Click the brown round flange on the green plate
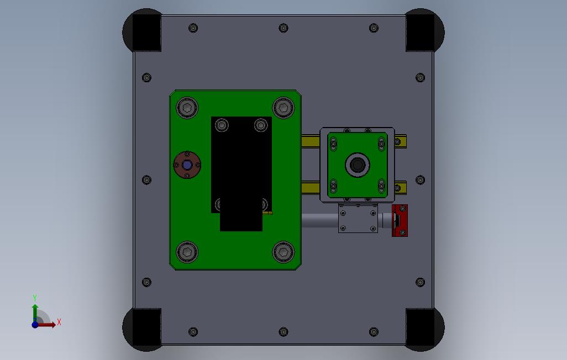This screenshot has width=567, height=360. pyautogui.click(x=187, y=165)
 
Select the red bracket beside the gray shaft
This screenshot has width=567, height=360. pyautogui.click(x=400, y=220)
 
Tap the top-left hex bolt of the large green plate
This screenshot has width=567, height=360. pyautogui.click(x=187, y=107)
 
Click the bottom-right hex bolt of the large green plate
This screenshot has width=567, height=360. pyautogui.click(x=283, y=252)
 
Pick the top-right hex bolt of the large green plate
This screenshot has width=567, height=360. pyautogui.click(x=283, y=107)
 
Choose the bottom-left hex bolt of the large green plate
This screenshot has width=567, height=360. pyautogui.click(x=187, y=252)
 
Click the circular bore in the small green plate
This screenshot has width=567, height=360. pyautogui.click(x=358, y=165)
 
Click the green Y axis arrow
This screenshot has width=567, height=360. pyautogui.click(x=35, y=312)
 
